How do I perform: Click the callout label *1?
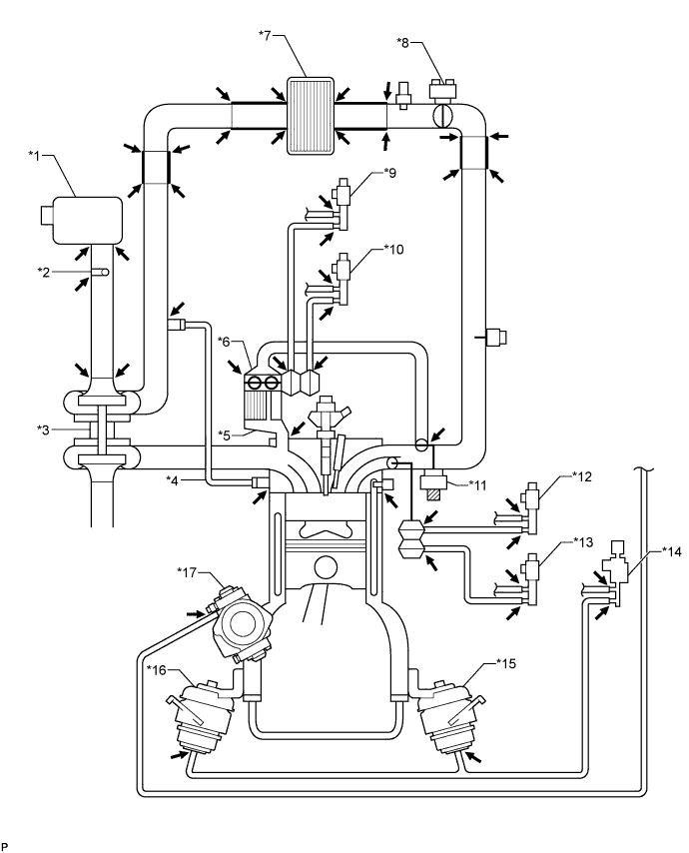(x=34, y=155)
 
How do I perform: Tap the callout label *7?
(x=266, y=35)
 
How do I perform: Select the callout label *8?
(x=402, y=42)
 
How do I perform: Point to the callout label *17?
(x=186, y=571)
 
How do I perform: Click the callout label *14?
(x=672, y=551)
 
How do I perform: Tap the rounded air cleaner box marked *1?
(x=81, y=221)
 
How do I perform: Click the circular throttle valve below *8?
(x=441, y=117)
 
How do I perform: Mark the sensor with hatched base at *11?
(x=434, y=485)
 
